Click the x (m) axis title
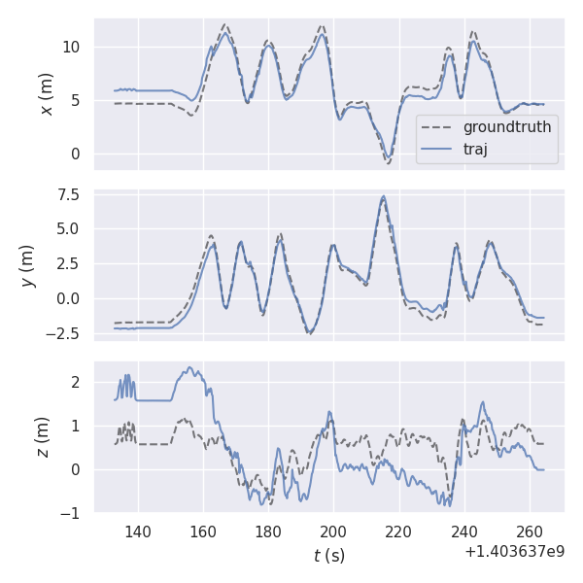(x=46, y=93)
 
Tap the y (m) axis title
(x=27, y=264)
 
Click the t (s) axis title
(x=328, y=556)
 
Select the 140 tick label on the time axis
(x=138, y=532)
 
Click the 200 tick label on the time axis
(x=333, y=532)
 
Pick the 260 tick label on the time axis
(x=530, y=532)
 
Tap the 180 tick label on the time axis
(x=268, y=532)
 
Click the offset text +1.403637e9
(x=514, y=551)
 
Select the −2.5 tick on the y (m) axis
(x=68, y=333)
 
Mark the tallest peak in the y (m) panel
(x=384, y=196)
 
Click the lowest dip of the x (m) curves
(x=388, y=162)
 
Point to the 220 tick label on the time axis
(x=398, y=532)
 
